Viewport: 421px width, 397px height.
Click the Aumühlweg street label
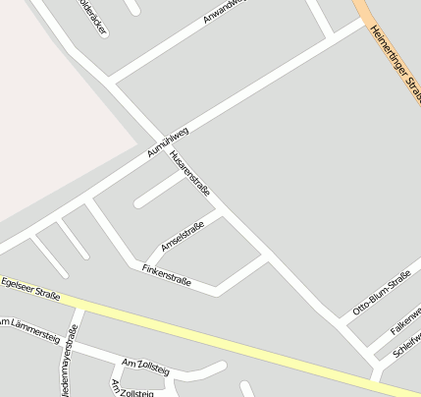(167, 142)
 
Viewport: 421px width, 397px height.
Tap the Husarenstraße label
(189, 173)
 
